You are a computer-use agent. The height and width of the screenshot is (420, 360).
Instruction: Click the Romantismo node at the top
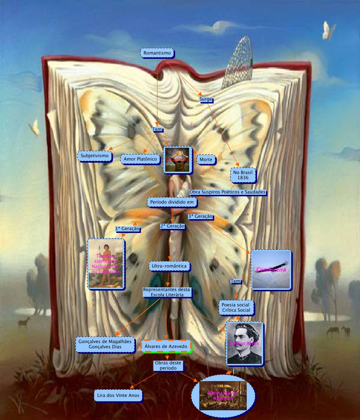pyautogui.click(x=157, y=53)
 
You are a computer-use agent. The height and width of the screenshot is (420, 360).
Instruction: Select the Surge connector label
pyautogui.click(x=206, y=99)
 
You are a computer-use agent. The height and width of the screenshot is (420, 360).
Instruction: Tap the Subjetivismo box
pyautogui.click(x=94, y=155)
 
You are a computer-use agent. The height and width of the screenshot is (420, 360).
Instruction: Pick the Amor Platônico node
pyautogui.click(x=140, y=159)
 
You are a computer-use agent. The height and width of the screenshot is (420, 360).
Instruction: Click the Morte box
pyautogui.click(x=206, y=159)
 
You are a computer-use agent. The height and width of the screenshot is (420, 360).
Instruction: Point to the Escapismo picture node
pyautogui.click(x=178, y=159)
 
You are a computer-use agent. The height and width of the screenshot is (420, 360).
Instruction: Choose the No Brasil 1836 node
pyautogui.click(x=243, y=175)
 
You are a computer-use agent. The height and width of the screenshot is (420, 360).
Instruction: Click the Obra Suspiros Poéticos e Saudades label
pyautogui.click(x=227, y=192)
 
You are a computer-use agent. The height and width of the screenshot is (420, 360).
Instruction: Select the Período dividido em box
pyautogui.click(x=172, y=202)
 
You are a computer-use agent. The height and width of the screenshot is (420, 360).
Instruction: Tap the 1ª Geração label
pyautogui.click(x=127, y=229)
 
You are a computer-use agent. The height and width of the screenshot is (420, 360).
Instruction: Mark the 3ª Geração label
pyautogui.click(x=200, y=216)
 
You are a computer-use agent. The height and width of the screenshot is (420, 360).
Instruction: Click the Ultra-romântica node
pyautogui.click(x=169, y=266)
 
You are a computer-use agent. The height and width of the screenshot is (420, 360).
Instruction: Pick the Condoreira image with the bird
pyautogui.click(x=271, y=270)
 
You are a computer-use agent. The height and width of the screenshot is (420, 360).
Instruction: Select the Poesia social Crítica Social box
pyautogui.click(x=236, y=307)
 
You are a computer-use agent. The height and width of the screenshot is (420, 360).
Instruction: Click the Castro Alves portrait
pyautogui.click(x=244, y=343)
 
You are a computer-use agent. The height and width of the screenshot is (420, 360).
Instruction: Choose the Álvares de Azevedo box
pyautogui.click(x=166, y=346)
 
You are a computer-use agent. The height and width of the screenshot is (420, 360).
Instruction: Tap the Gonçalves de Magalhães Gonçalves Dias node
pyautogui.click(x=105, y=344)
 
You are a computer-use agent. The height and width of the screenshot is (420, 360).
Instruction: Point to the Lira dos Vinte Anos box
pyautogui.click(x=118, y=395)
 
